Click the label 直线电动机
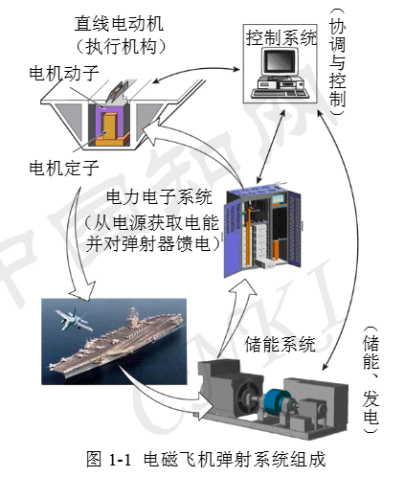coord(119,24)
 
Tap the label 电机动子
coord(64,74)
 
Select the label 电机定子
coord(64,168)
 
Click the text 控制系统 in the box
coord(281,38)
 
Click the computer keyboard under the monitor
coord(281,93)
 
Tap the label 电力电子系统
coord(159,197)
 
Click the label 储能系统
coord(280,344)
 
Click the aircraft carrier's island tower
coord(133,317)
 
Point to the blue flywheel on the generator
coord(275,400)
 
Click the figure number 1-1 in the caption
coord(120,460)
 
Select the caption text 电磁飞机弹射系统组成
coord(235,459)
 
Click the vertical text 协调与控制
coord(337,61)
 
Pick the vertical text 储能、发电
coord(371,379)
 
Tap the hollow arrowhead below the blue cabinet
coord(241,289)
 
